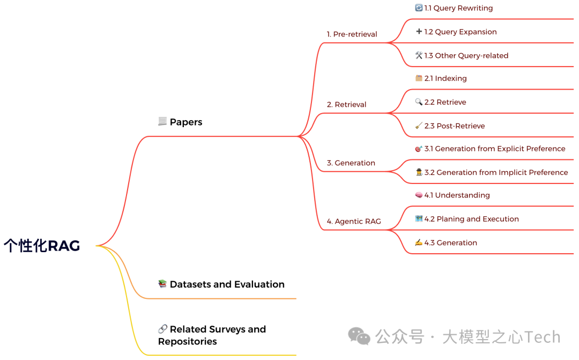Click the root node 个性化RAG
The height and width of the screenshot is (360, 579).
pos(42,246)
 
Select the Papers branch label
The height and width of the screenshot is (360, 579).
pos(185,122)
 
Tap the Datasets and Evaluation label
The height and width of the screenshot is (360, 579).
pos(227,284)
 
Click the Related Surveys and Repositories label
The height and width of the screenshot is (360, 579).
pos(212,335)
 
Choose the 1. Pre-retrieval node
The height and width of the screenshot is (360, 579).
pos(352,34)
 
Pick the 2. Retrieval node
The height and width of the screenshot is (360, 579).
pos(346,105)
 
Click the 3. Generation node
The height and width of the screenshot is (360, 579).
pos(351,163)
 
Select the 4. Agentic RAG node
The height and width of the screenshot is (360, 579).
pos(354,222)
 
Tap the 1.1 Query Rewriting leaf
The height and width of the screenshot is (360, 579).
pos(458,8)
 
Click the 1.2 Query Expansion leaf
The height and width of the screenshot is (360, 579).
pos(460,32)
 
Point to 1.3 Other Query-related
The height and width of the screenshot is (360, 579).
pos(466,55)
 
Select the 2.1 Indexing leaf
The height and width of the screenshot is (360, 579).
pos(446,78)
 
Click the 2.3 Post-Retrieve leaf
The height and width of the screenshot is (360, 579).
pos(454,126)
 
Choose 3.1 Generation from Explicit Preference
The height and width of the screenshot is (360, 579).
pos(494,149)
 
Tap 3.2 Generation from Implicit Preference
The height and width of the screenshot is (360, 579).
pos(496,172)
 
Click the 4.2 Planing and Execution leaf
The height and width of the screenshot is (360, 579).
pos(471,219)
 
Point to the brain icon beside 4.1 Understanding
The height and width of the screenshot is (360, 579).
pos(419,195)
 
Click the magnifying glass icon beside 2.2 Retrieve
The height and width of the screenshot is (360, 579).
pos(419,102)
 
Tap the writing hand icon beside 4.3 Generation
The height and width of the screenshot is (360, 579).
pos(419,243)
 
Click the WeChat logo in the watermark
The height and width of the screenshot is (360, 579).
pos(359,336)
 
